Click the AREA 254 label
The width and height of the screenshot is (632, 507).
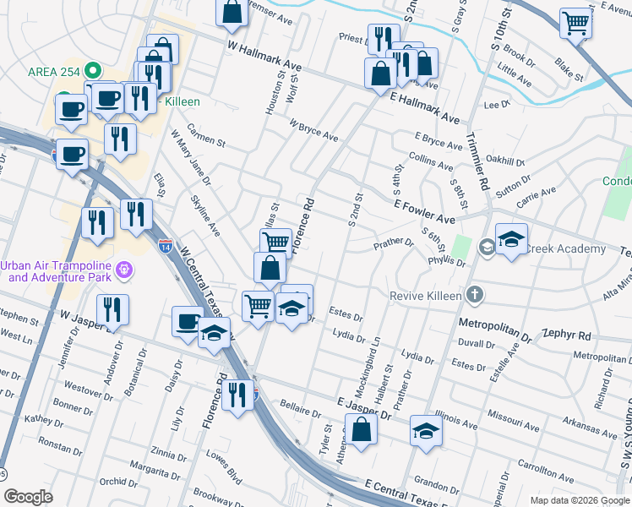coord(53,71)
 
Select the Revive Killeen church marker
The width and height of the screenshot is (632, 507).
coord(475,295)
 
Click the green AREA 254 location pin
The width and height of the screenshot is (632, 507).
coord(95,71)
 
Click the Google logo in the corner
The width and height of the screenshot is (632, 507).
coord(28,497)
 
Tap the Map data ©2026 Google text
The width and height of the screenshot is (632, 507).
coord(579,499)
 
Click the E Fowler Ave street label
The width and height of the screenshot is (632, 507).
coord(424,211)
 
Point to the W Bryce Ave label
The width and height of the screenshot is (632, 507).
coord(313,131)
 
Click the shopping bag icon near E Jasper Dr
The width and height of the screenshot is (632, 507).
coord(361,429)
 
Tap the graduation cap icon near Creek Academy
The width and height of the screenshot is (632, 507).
coord(511,240)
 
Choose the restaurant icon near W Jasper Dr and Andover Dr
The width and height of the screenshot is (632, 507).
coord(112,310)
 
